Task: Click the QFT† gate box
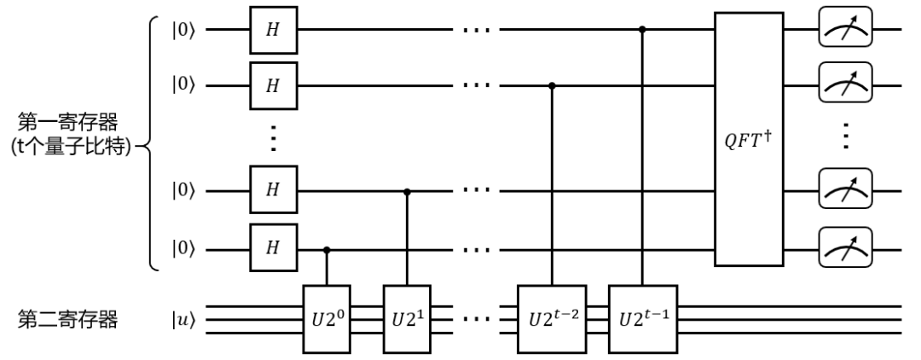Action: point(749,140)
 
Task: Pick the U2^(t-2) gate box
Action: point(552,317)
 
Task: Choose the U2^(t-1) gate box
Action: point(641,317)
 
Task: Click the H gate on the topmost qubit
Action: point(272,30)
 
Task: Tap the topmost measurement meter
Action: point(840,30)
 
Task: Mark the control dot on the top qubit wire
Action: point(641,30)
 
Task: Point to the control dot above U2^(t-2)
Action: point(552,85)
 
